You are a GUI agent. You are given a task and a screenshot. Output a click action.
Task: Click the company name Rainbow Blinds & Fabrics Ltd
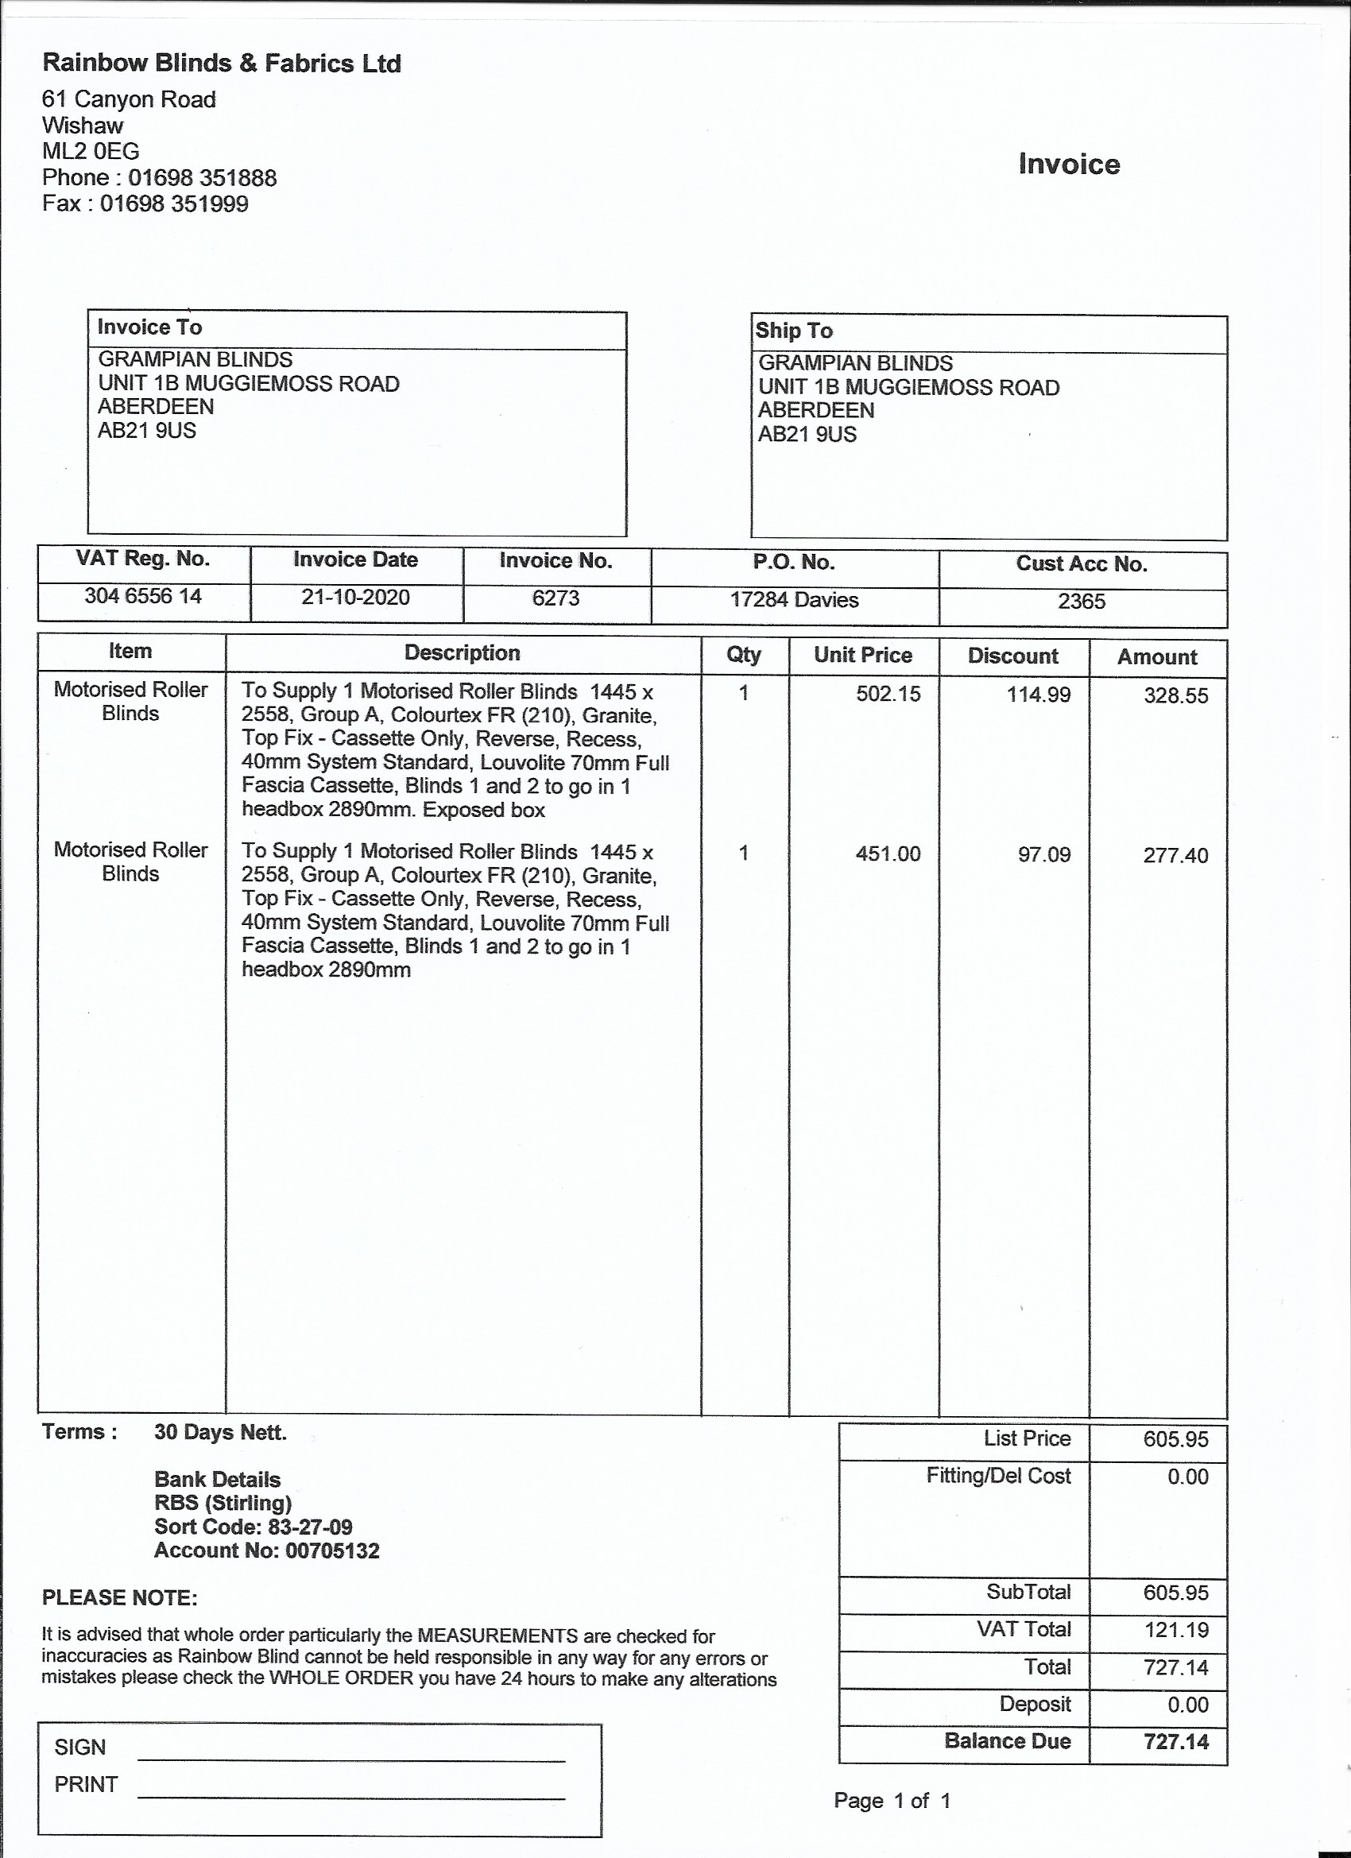point(221,63)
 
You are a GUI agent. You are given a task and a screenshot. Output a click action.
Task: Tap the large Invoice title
point(1068,164)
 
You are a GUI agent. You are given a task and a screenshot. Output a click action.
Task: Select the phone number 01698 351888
point(202,178)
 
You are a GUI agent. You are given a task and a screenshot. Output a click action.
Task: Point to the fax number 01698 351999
point(174,204)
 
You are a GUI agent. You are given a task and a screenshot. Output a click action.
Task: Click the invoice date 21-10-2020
point(355,598)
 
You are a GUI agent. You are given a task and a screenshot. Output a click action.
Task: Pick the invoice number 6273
point(555,598)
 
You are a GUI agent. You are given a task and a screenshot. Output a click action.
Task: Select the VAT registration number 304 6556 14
point(142,595)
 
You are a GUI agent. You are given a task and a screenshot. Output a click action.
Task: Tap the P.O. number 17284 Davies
point(794,600)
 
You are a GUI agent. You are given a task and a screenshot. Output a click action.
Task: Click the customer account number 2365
point(1082,602)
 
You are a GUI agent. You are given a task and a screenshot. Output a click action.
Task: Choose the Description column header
point(462,653)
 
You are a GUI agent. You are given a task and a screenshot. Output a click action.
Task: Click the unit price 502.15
point(888,694)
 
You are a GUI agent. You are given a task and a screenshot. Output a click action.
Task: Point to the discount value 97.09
point(1043,854)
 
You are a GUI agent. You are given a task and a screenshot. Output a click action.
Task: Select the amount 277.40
point(1175,855)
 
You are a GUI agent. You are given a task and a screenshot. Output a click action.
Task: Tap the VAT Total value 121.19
point(1175,1629)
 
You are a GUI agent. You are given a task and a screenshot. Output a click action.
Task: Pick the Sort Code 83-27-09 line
point(254,1527)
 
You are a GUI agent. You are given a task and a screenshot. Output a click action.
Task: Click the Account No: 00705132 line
point(266,1550)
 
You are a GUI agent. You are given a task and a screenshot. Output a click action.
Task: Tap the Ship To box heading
point(794,330)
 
